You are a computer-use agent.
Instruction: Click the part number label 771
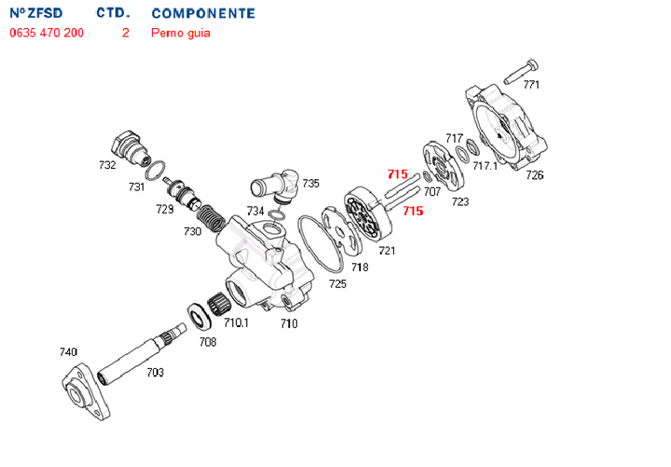[x=531, y=85]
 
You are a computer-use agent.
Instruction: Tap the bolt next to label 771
[x=520, y=71]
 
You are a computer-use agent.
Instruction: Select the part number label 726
[x=535, y=175]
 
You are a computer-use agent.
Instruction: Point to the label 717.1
[x=485, y=167]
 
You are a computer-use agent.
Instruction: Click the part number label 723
[x=460, y=201]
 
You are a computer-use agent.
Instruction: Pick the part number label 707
[x=432, y=191]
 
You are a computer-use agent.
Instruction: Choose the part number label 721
[x=387, y=250]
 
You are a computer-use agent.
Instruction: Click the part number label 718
[x=360, y=267]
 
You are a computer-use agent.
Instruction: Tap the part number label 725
[x=337, y=283]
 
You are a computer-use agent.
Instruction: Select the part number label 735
[x=310, y=184]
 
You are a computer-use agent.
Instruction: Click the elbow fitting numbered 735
[x=276, y=183]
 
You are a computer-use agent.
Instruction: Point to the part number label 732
[x=107, y=166]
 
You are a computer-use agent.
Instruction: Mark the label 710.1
[x=236, y=323]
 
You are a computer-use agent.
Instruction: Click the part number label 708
[x=207, y=342]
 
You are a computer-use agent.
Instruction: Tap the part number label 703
[x=155, y=373]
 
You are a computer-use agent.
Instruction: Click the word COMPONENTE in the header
[x=203, y=14]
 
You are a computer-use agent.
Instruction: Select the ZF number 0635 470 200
[x=47, y=33]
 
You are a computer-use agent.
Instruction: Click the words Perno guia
[x=181, y=33]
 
